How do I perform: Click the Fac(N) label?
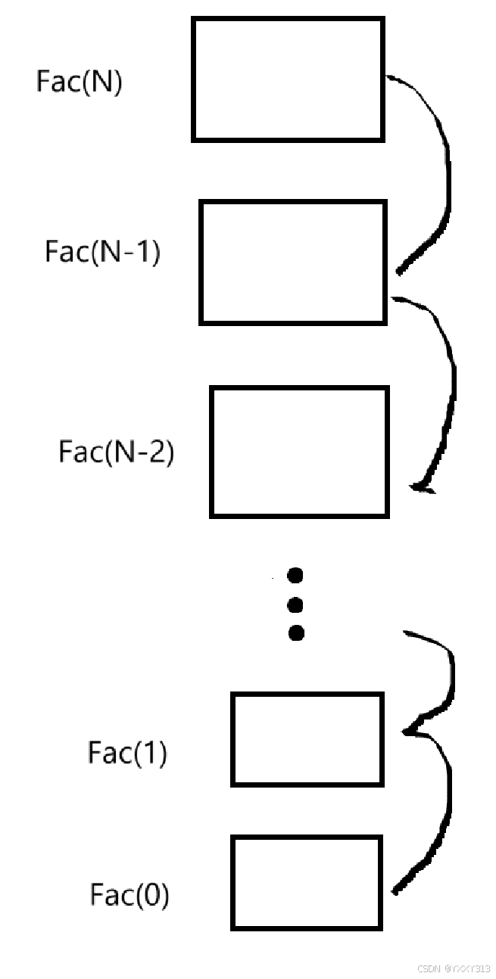pos(79,81)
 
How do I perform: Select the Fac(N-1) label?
pos(102,251)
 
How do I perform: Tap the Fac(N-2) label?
pos(116,452)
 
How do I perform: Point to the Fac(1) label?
pos(127,753)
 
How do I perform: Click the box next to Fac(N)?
pos(288,79)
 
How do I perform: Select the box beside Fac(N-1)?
pos(293,262)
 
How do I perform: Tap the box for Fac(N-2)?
pos(299,452)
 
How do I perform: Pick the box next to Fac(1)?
pos(307,739)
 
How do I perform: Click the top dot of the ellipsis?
pos(296,577)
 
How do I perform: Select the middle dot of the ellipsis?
pos(296,604)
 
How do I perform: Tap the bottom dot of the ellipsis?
pos(296,632)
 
